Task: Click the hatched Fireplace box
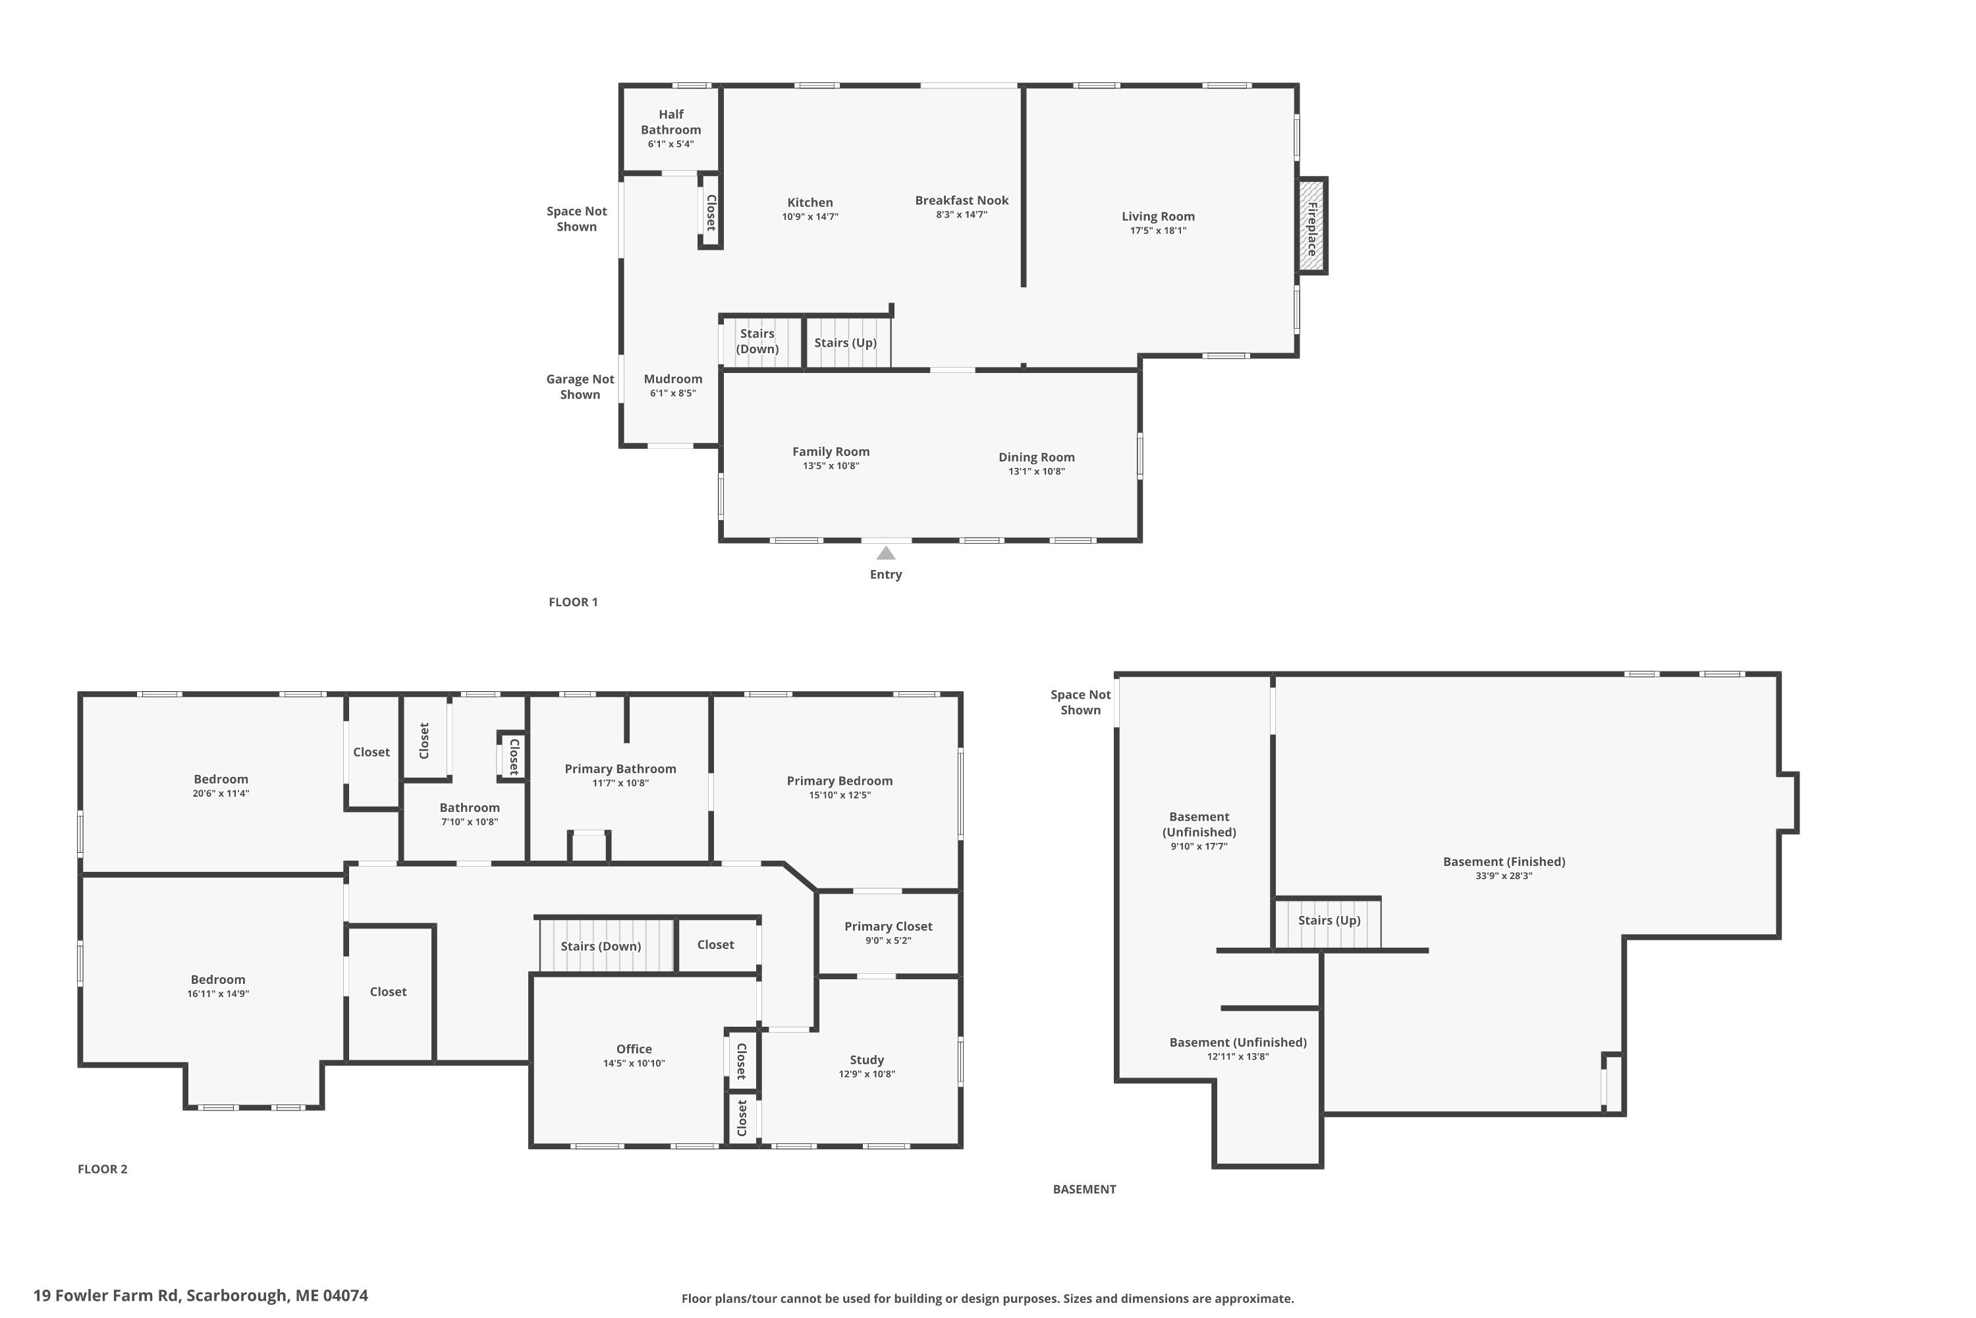(1311, 225)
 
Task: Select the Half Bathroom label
(671, 122)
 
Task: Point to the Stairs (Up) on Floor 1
(845, 343)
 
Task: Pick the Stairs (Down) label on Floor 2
(601, 946)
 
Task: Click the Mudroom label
(673, 379)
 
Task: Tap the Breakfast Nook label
(961, 200)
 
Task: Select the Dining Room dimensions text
(1037, 472)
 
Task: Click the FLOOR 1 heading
(573, 602)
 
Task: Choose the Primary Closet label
(888, 927)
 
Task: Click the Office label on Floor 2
(634, 1049)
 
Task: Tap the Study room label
(866, 1060)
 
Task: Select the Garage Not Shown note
(580, 387)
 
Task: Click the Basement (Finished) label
(1504, 861)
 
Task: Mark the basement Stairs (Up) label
(1329, 921)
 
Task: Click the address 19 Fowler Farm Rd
(106, 1296)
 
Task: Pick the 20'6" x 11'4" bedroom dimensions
(220, 793)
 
